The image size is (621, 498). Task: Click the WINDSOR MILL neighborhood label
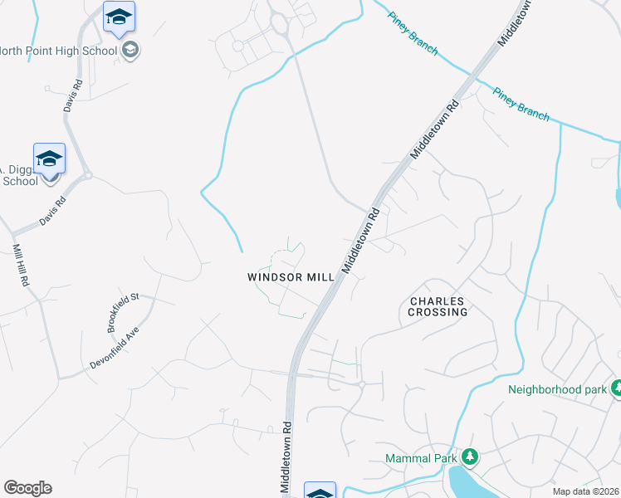(x=291, y=277)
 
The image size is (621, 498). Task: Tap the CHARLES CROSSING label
(x=438, y=306)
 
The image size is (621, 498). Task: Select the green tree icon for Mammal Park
(x=470, y=457)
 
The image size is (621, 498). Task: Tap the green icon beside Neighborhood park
(x=617, y=388)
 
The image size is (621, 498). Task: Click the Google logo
(x=27, y=488)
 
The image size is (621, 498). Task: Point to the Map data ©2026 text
(x=586, y=491)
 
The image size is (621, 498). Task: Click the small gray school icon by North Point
(x=130, y=51)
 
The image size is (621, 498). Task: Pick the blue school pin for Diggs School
(x=49, y=158)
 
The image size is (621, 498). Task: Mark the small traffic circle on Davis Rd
(x=87, y=175)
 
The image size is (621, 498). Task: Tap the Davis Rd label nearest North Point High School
(x=73, y=95)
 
